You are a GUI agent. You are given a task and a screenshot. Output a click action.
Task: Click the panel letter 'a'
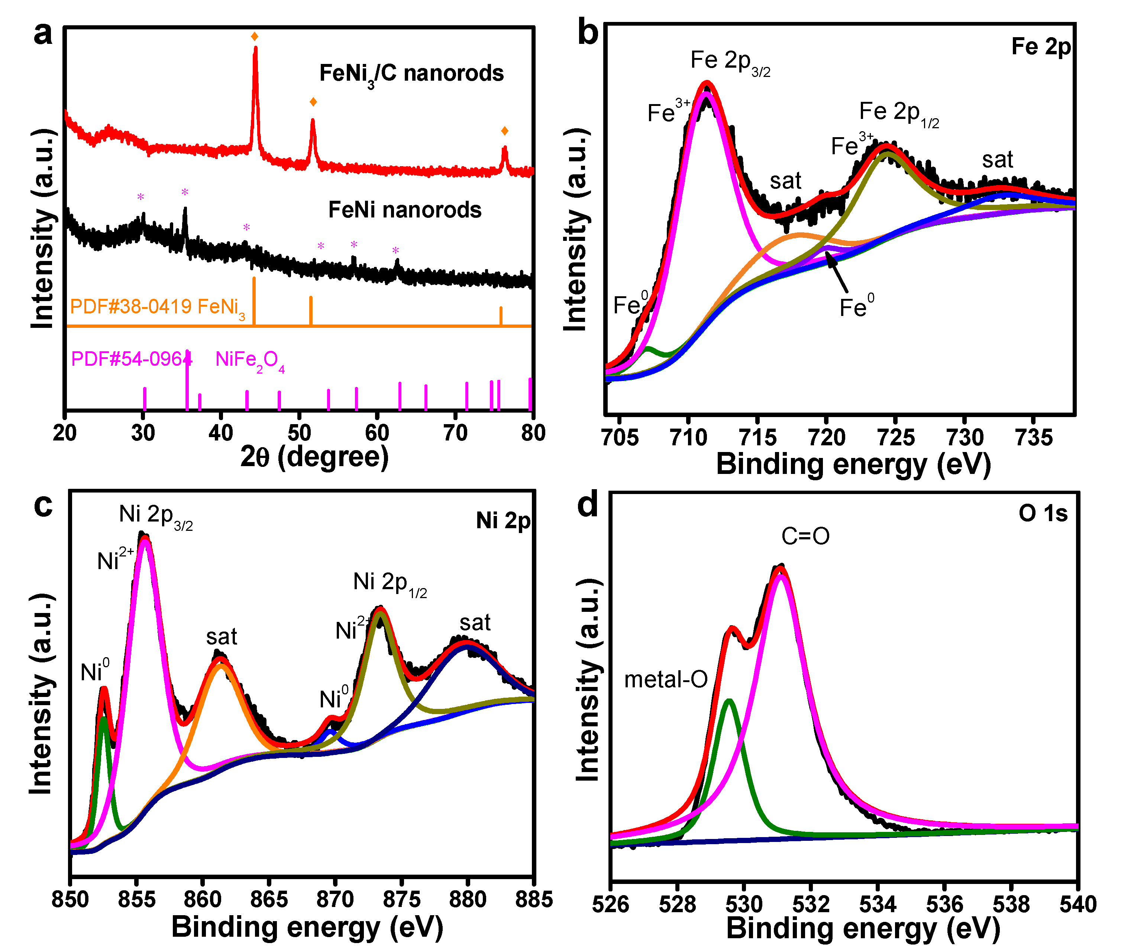[x=43, y=34]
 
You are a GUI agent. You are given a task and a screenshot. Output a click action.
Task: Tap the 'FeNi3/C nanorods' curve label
[x=411, y=74]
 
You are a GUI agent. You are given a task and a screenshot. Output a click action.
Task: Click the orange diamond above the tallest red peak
[x=255, y=36]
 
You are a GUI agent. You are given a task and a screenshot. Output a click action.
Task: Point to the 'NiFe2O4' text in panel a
[x=250, y=360]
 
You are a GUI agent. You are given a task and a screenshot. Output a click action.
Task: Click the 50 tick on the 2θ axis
[x=299, y=433]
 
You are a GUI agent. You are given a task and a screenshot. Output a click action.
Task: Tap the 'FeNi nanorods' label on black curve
[x=404, y=210]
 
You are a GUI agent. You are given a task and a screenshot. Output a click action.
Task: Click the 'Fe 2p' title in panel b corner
[x=1041, y=47]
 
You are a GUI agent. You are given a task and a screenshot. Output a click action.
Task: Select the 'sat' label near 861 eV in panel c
[x=221, y=637]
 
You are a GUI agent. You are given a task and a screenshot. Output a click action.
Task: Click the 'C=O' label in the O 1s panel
[x=805, y=536]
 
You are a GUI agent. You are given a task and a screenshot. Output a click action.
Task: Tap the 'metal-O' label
[x=665, y=680]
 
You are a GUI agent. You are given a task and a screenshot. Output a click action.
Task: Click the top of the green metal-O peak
[x=729, y=700]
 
